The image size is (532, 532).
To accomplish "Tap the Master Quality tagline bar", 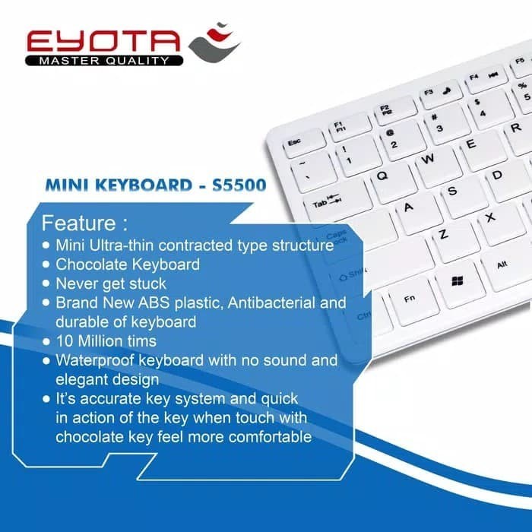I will (x=102, y=60).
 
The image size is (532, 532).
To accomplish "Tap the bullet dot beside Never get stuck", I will (x=47, y=283).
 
